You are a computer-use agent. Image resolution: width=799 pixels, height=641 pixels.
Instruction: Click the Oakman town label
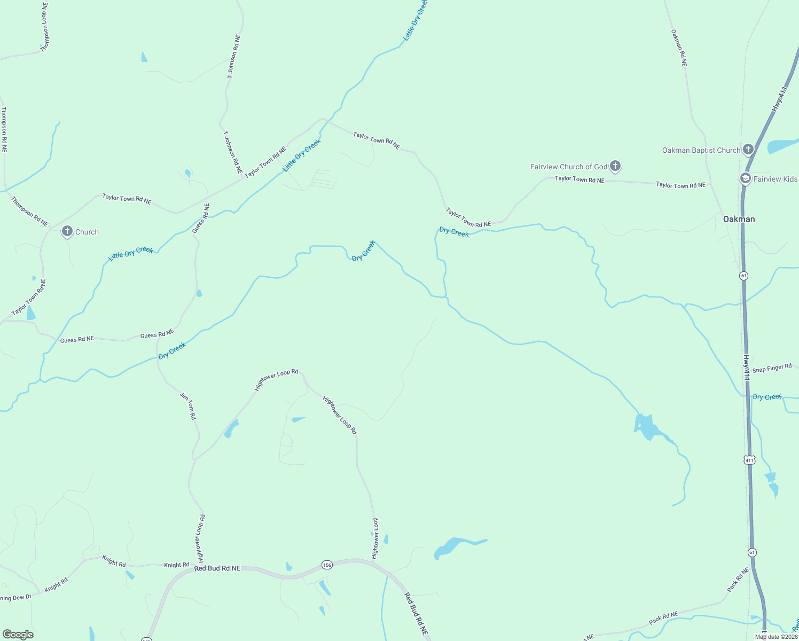click(739, 219)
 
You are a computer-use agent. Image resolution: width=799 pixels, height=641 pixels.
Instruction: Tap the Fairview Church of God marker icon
click(615, 166)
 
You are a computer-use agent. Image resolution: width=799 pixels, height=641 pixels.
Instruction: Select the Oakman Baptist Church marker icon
click(748, 150)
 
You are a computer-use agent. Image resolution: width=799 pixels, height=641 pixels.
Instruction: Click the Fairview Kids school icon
click(746, 178)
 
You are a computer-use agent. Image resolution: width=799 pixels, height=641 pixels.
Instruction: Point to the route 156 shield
click(327, 565)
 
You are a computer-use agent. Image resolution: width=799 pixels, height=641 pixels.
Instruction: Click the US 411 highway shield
click(749, 460)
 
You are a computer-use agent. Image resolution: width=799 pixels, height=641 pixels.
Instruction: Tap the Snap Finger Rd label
click(772, 369)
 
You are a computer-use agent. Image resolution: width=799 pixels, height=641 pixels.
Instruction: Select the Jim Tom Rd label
click(188, 406)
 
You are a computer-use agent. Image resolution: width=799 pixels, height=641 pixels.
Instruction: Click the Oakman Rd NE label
click(679, 48)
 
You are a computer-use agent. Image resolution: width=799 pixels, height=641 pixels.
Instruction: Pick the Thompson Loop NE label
click(45, 27)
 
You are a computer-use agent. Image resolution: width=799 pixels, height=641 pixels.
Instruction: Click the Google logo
click(18, 635)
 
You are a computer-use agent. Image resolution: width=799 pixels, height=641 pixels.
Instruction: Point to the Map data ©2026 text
click(776, 637)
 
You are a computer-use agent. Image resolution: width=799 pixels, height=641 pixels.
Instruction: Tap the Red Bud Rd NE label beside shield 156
click(217, 568)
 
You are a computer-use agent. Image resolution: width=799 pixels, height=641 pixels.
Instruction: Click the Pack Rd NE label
click(663, 618)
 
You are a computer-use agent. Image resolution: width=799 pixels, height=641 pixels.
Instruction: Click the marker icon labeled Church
click(67, 231)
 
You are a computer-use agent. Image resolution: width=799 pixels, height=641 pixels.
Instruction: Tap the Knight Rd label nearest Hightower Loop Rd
click(176, 565)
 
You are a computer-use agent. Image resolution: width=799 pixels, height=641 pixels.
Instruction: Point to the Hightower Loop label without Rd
click(375, 538)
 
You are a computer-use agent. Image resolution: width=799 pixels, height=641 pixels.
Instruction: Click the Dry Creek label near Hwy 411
click(767, 397)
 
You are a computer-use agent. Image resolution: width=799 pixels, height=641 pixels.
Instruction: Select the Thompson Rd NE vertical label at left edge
click(4, 130)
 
